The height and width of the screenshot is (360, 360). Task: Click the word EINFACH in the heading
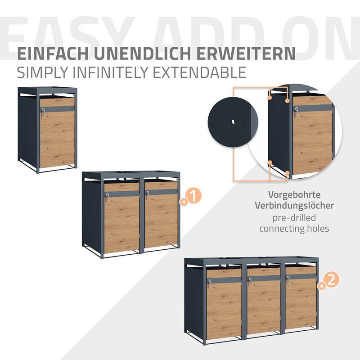[53, 54]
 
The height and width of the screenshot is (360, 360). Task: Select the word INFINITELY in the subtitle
[111, 72]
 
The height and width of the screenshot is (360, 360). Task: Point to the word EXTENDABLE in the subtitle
[199, 72]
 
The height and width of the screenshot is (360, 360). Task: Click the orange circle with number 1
[194, 196]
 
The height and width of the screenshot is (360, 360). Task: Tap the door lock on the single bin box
[43, 112]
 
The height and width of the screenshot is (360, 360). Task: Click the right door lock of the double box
[148, 195]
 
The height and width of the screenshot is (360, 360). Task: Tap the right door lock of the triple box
[288, 279]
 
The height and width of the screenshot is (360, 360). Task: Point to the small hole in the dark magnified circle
[233, 121]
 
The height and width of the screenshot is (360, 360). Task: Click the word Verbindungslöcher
[294, 205]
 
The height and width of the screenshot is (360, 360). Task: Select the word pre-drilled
[294, 217]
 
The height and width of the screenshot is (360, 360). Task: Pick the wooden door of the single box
[57, 133]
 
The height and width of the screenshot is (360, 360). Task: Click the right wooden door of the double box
[161, 215]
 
